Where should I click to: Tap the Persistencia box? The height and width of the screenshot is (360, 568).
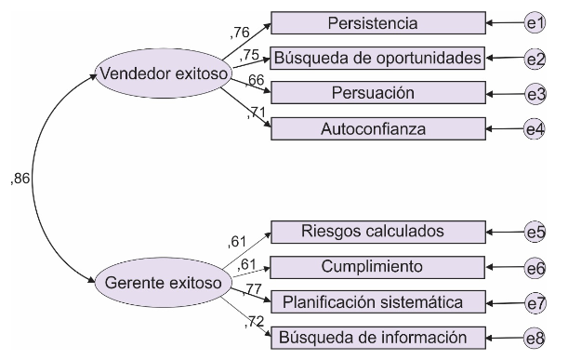point(377,22)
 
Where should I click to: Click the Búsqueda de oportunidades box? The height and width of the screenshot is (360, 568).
point(377,58)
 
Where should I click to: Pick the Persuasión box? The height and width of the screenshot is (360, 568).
point(377,93)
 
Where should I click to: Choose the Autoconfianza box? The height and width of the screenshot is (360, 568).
point(377,128)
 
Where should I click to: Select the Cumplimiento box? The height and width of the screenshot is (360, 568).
point(377,267)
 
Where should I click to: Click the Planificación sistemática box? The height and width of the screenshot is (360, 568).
point(377,301)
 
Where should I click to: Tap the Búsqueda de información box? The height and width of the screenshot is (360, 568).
point(377,337)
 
